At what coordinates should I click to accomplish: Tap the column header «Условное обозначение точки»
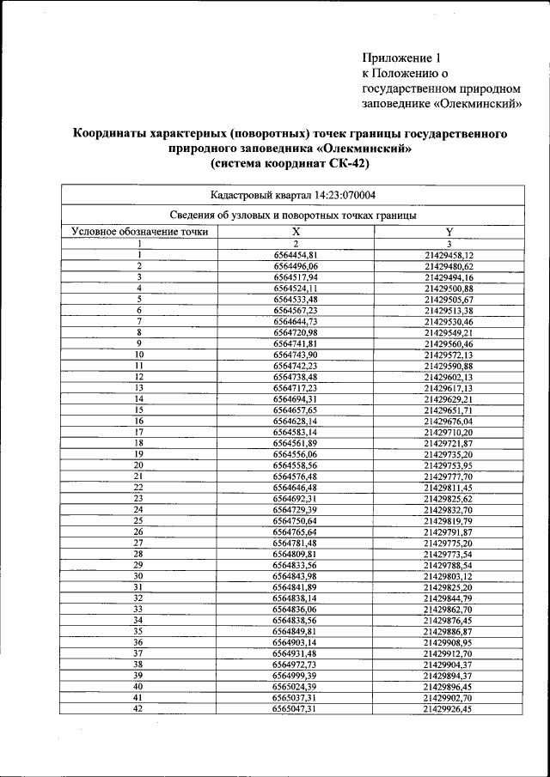[140, 232]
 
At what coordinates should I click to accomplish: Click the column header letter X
[295, 232]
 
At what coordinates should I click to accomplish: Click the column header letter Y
[449, 232]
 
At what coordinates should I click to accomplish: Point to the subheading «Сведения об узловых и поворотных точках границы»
[293, 215]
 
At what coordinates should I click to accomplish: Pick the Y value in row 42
[449, 710]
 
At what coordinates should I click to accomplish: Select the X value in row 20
[295, 465]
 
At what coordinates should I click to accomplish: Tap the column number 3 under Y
[449, 244]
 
